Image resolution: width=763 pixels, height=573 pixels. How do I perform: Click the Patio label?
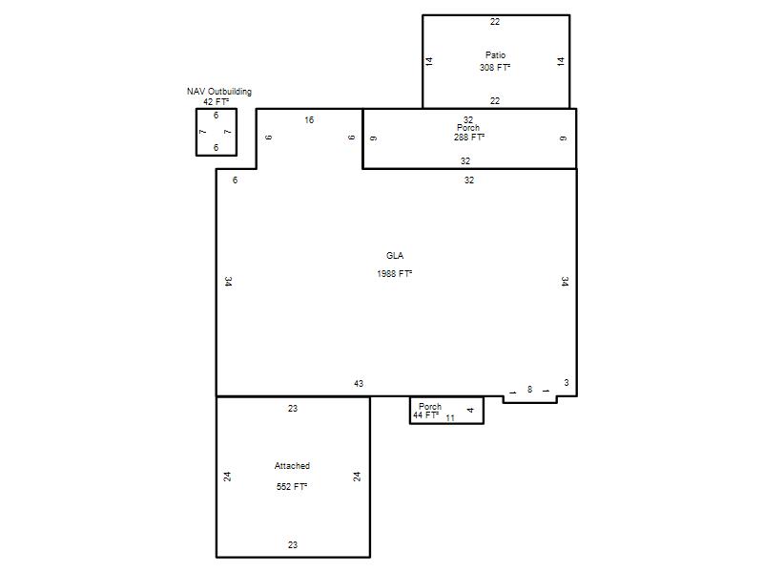tap(495, 55)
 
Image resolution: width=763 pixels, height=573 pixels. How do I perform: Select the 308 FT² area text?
tap(495, 67)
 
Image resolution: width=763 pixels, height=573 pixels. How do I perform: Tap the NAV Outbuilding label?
tap(219, 91)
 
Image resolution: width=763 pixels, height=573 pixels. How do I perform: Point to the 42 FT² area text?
tap(217, 102)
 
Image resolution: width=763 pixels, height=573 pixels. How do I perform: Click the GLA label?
tap(395, 256)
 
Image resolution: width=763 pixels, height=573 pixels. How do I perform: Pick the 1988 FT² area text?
tap(395, 274)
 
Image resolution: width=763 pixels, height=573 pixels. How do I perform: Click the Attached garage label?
tap(292, 466)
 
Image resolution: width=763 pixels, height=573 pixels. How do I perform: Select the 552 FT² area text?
tap(292, 487)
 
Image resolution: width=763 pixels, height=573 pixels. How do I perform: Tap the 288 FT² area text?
tap(469, 138)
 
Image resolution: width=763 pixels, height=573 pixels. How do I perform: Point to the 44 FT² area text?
tap(425, 415)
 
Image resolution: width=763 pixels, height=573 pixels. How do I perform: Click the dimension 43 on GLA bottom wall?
tap(359, 384)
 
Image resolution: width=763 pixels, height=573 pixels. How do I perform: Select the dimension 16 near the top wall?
tap(309, 120)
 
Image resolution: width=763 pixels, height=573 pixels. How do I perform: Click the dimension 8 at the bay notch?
tap(530, 390)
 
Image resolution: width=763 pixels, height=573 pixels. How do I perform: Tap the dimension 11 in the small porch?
tap(450, 418)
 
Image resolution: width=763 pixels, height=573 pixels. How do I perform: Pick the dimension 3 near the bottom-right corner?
tap(567, 383)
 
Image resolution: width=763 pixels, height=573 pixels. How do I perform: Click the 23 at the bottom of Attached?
tap(293, 545)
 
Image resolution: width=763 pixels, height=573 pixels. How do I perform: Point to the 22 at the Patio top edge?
tap(495, 22)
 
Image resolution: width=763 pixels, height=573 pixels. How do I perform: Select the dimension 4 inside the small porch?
tap(470, 411)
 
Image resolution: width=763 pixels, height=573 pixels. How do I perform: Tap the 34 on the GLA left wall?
tap(228, 282)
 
